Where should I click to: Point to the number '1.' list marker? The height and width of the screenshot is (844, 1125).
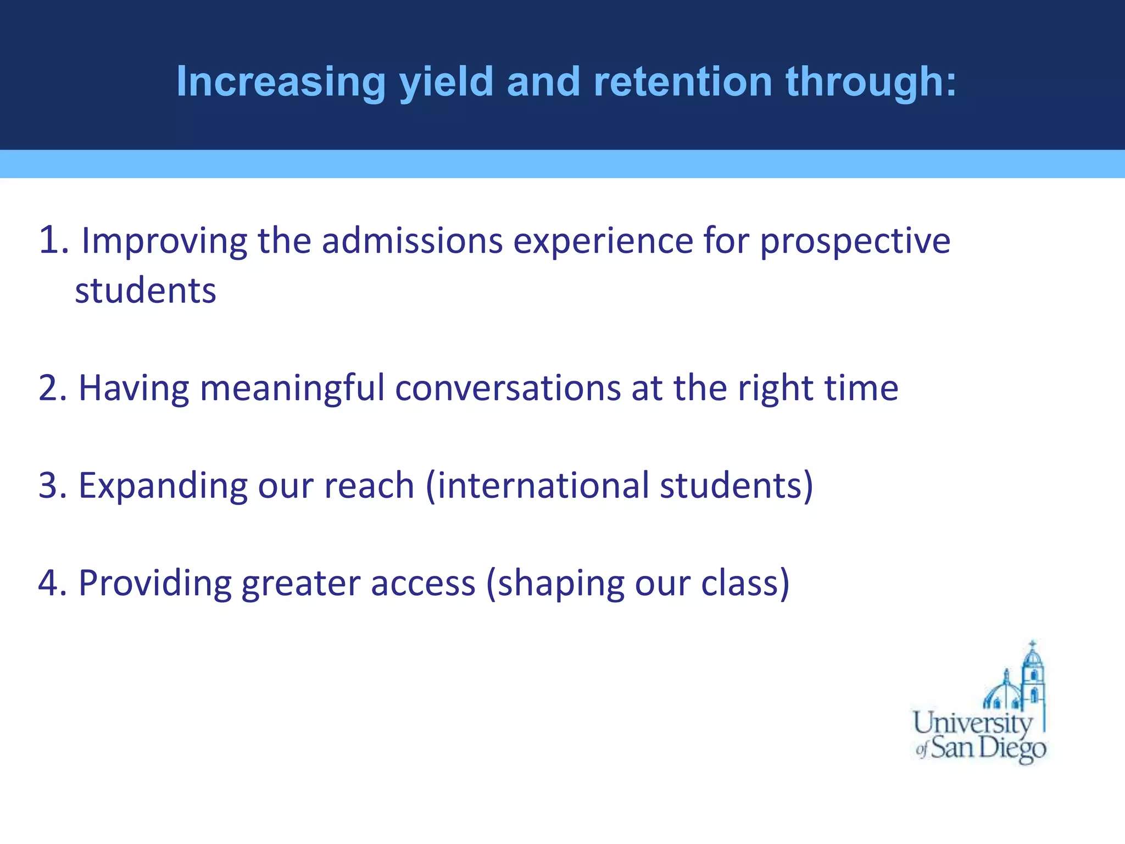54,241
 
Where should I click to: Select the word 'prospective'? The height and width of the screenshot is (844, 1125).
855,242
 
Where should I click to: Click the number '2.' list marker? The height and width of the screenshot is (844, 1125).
53,388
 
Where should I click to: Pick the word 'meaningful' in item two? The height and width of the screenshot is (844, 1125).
292,388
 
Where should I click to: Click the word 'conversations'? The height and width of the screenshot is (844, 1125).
508,388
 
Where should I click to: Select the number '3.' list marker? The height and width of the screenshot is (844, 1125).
53,486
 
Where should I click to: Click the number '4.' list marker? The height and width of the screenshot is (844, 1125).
53,583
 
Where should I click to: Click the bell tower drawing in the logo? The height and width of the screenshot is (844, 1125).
1033,676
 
